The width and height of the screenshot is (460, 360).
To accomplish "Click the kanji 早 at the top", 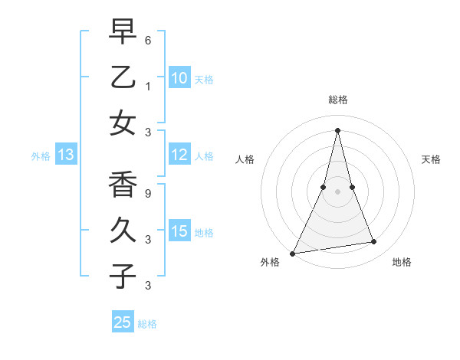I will point(123,34).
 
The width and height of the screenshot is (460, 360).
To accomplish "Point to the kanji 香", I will point(123,185).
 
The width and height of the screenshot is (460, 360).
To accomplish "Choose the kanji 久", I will point(123,231).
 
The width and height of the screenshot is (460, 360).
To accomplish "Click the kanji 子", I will point(123,276).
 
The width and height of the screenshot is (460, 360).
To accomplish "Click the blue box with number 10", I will point(179,78).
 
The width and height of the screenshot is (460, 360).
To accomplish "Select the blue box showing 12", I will point(179,155).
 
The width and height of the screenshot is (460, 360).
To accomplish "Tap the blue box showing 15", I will point(179,231).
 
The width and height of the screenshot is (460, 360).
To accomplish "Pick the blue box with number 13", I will point(66,155).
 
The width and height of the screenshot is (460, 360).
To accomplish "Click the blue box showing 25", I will point(123,322).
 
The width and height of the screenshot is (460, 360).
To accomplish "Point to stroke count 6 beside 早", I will point(148,40).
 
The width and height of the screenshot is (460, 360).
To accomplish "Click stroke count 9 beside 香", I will point(148,194).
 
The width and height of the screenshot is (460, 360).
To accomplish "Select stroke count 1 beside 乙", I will point(148,87).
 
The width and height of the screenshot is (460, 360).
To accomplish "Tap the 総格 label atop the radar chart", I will point(338,100).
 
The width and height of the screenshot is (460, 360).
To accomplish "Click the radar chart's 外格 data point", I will point(292,254).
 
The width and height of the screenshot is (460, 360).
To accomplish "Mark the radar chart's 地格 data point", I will point(374,242).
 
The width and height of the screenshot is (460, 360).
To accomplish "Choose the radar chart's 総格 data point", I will point(338,130).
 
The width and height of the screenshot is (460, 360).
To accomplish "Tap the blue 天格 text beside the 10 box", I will point(203,80).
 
